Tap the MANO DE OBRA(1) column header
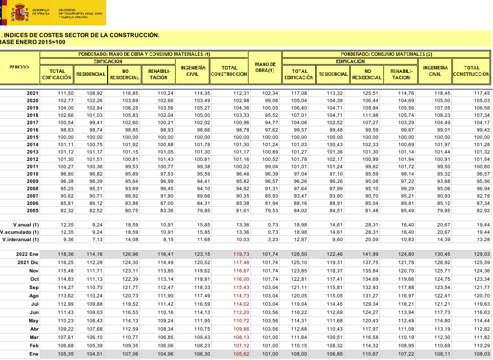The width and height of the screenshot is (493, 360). (x=265, y=68)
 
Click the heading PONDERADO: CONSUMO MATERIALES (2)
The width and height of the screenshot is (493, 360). (x=386, y=54)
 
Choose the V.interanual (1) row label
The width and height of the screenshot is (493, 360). (x=21, y=239)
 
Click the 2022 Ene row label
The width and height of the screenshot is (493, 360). (x=26, y=254)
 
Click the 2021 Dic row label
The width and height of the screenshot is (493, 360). (x=26, y=263)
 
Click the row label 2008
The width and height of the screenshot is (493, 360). (x=32, y=188)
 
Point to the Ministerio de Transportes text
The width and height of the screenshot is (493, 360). (x=80, y=13)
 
